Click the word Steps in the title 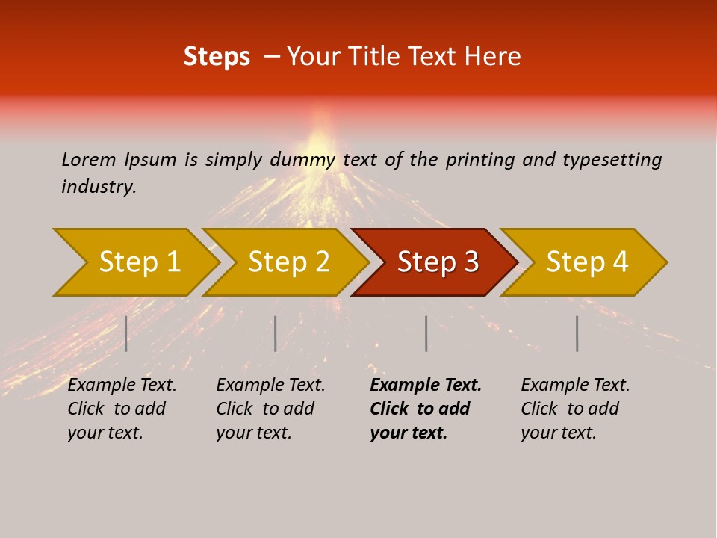[x=217, y=57]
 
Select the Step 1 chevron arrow [x=139, y=262]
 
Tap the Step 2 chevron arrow [x=288, y=262]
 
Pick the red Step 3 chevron [x=438, y=262]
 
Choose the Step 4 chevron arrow [x=587, y=262]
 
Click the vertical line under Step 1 [x=126, y=333]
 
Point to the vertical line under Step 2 [x=276, y=333]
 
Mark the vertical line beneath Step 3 [x=426, y=333]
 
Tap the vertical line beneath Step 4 [x=577, y=333]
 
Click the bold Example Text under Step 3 [x=426, y=386]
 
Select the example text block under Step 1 [x=122, y=409]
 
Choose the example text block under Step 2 [x=270, y=409]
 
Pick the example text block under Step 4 [x=575, y=409]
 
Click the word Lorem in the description [x=89, y=160]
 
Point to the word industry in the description [x=98, y=187]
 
